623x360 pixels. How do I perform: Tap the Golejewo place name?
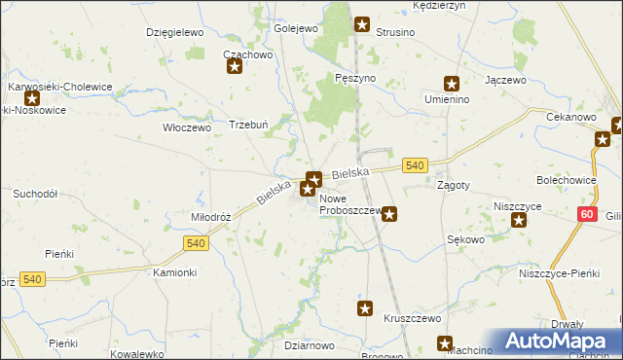(x=297, y=28)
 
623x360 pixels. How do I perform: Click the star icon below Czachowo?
(x=234, y=67)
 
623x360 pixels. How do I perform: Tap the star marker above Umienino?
(x=451, y=84)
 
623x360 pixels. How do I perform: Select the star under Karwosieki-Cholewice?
(x=32, y=98)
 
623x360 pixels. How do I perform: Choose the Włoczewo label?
(x=186, y=126)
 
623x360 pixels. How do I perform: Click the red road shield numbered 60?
(x=585, y=214)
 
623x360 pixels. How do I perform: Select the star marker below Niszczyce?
(x=519, y=220)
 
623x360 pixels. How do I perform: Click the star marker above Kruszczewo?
(x=365, y=309)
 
